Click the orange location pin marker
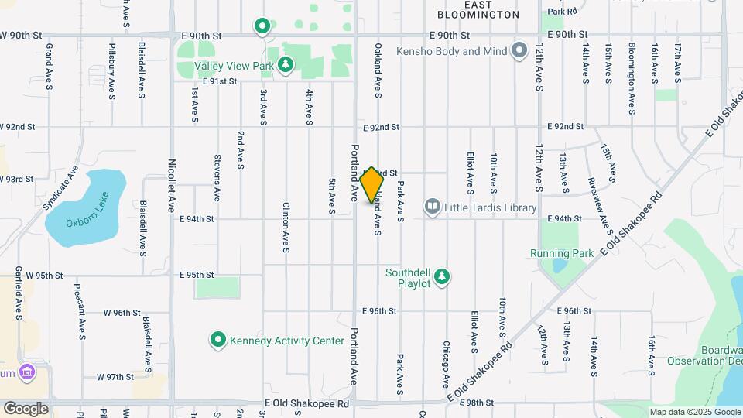coord(372,185)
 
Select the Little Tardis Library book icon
coord(432,207)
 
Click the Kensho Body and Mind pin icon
coord(519,52)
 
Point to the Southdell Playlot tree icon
coord(441,276)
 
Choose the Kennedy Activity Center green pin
coord(218,340)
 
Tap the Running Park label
coord(562,253)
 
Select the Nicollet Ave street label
coord(172,186)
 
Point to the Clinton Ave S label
coord(286,228)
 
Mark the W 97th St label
coord(115,376)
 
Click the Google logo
coord(26,408)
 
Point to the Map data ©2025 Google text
coord(694,412)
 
